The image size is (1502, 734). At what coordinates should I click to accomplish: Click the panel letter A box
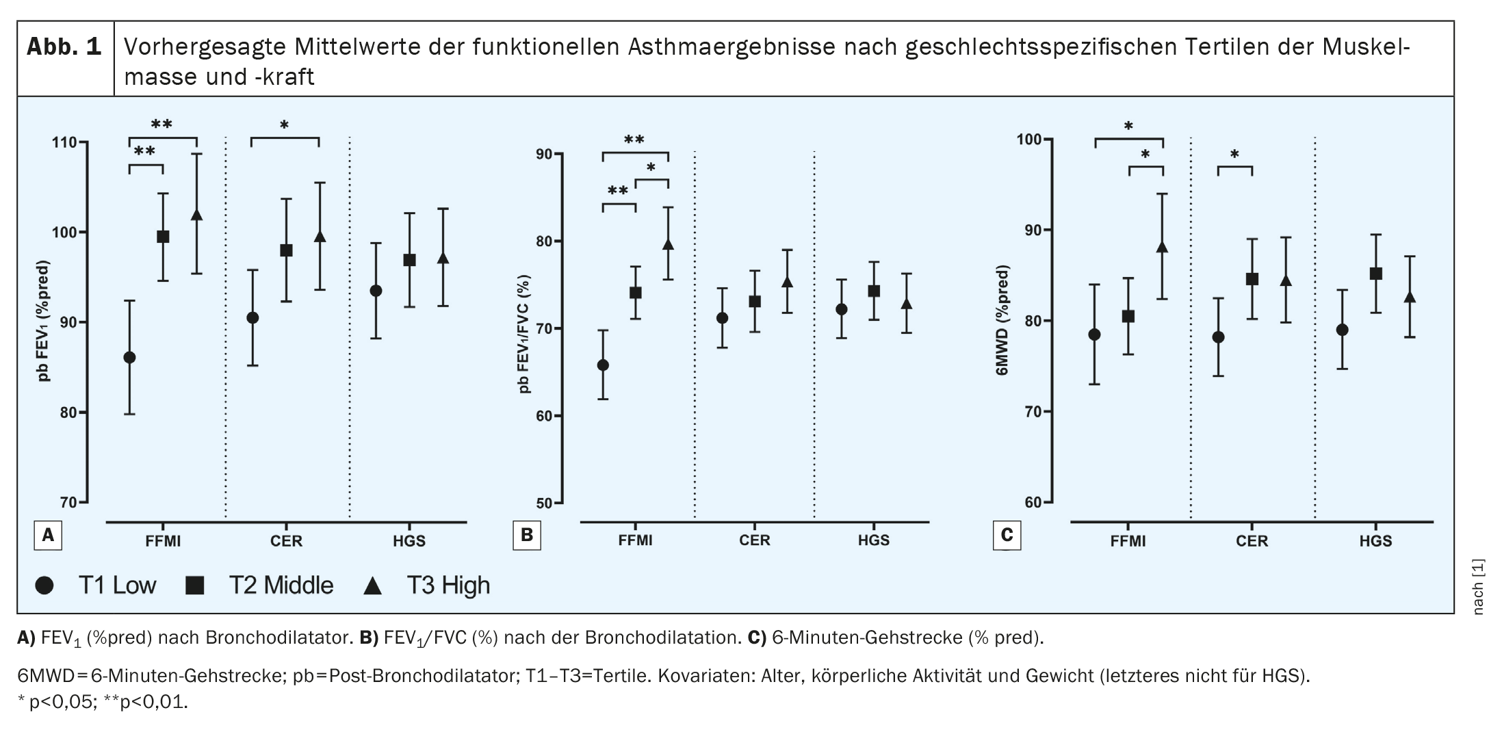tap(48, 536)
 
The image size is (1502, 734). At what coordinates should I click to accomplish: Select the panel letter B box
tap(526, 536)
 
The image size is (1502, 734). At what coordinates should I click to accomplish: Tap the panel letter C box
tap(1007, 536)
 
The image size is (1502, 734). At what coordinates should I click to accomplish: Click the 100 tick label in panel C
tap(1029, 140)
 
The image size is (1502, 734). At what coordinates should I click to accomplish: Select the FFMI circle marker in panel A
tap(129, 357)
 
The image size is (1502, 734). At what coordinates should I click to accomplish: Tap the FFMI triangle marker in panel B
tap(669, 245)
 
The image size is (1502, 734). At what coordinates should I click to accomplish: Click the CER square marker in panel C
tap(1252, 279)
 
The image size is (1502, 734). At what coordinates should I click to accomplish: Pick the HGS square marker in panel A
tap(409, 260)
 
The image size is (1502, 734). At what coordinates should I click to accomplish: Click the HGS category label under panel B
tap(873, 540)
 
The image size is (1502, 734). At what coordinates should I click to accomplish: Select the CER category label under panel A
tap(286, 541)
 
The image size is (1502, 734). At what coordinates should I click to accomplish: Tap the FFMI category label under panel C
tap(1128, 541)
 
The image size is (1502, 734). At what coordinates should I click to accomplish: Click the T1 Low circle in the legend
tap(44, 586)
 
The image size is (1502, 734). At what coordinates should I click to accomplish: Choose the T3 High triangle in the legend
tap(372, 586)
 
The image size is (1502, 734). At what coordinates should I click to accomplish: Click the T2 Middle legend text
tap(281, 586)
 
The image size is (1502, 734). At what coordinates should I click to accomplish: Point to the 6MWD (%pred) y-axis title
tap(1002, 321)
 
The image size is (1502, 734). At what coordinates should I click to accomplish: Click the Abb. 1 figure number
tap(64, 47)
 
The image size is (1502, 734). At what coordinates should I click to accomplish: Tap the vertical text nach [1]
tap(1478, 587)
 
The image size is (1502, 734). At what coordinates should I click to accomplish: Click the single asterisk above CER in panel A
tap(284, 126)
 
